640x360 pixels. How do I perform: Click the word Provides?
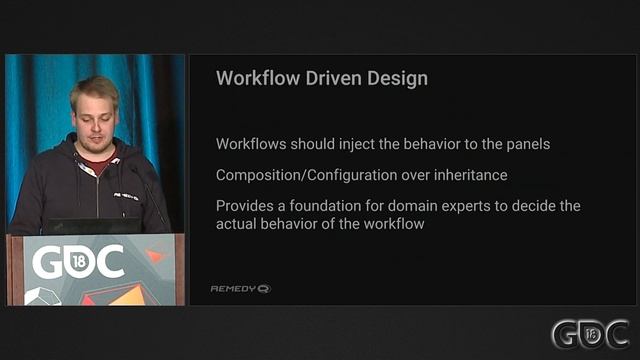pos(244,206)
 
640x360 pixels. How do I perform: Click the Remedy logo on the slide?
pos(240,289)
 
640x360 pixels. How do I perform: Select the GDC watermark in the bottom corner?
pos(590,334)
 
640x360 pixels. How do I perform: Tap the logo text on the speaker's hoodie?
pos(126,196)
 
